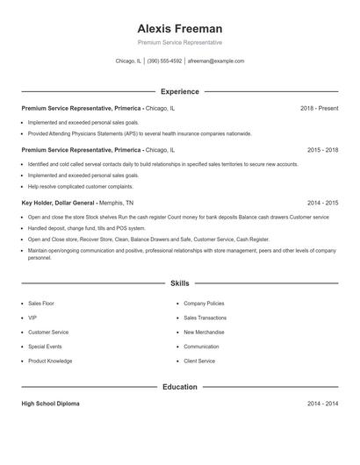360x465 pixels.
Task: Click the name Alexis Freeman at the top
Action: point(180,28)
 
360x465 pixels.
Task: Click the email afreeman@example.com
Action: point(216,61)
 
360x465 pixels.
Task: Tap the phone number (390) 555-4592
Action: point(164,61)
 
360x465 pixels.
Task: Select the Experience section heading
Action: point(180,91)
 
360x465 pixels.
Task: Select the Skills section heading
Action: point(180,283)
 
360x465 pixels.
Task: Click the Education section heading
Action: point(180,386)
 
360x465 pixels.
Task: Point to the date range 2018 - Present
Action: point(320,108)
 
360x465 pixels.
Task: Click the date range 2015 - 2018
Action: point(323,150)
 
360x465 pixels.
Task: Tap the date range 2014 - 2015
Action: point(323,203)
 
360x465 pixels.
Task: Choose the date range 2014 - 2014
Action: point(323,404)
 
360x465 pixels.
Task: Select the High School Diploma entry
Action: point(51,404)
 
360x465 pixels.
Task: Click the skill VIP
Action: point(32,318)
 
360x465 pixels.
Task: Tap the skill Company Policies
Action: point(205,303)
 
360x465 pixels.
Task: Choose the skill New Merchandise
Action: point(205,333)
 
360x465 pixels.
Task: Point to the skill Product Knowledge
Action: point(50,361)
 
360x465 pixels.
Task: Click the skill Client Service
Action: point(199,361)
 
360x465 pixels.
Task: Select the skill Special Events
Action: point(46,347)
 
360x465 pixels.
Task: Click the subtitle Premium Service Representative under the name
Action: point(180,42)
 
